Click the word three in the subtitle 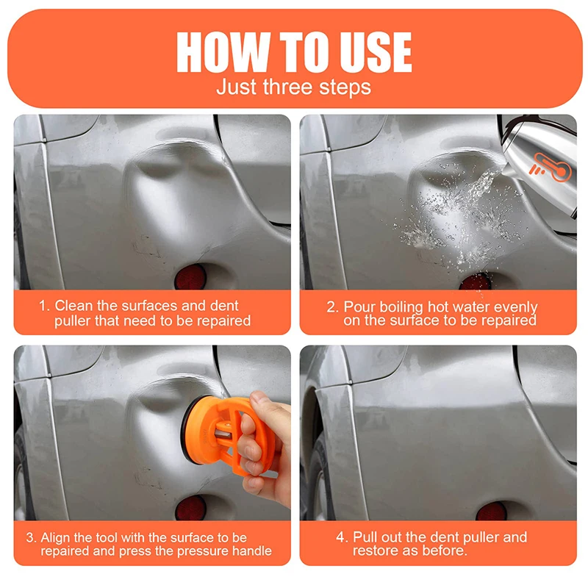pyautogui.click(x=287, y=87)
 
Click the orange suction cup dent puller pyautogui.click(x=225, y=435)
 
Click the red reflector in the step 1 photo pyautogui.click(x=190, y=277)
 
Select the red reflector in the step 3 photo pyautogui.click(x=191, y=508)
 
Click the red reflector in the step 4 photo pyautogui.click(x=491, y=511)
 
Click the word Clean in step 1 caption pyautogui.click(x=74, y=306)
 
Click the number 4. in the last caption pyautogui.click(x=342, y=537)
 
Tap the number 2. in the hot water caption pyautogui.click(x=333, y=307)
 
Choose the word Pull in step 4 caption pyautogui.click(x=364, y=537)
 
